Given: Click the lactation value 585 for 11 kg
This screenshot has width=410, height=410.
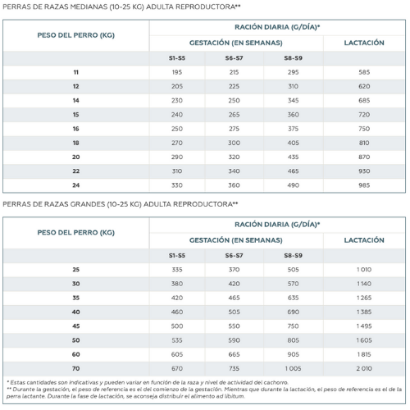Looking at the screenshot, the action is click(364, 72).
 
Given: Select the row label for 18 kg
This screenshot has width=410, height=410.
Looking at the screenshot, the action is click(76, 143).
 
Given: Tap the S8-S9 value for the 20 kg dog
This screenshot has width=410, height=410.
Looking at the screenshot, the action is click(293, 157).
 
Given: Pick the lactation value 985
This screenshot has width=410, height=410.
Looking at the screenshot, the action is click(364, 185).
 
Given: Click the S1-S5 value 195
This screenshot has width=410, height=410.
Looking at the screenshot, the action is click(177, 72).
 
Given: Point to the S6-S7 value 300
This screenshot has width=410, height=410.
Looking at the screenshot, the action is click(234, 143).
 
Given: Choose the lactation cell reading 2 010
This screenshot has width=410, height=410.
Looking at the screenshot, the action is click(364, 368).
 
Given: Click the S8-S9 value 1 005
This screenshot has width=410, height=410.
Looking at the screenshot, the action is click(293, 368).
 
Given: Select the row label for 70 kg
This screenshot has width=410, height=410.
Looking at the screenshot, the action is click(76, 368).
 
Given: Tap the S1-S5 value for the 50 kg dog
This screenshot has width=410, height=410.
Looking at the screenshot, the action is click(177, 340).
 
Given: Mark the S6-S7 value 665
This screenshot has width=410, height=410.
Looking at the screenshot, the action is click(234, 354).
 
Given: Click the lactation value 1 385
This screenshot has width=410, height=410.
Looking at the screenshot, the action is click(364, 312).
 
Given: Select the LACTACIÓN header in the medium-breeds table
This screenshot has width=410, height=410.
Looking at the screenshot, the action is click(364, 43).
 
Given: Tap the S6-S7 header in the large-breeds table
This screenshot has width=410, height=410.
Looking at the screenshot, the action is click(234, 256).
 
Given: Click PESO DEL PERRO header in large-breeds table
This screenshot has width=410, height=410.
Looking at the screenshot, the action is click(76, 233).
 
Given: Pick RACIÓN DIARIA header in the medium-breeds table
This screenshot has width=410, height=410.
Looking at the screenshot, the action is click(277, 27).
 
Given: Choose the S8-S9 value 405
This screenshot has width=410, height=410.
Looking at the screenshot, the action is click(293, 143).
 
